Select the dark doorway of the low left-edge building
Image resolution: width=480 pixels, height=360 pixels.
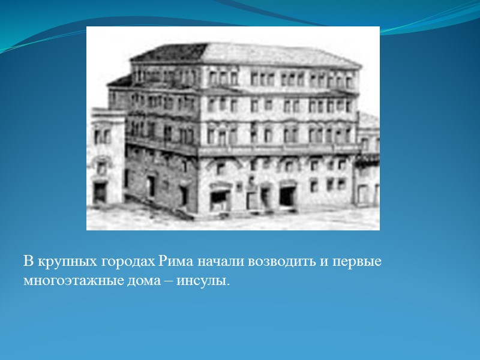pyautogui.click(x=100, y=193)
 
